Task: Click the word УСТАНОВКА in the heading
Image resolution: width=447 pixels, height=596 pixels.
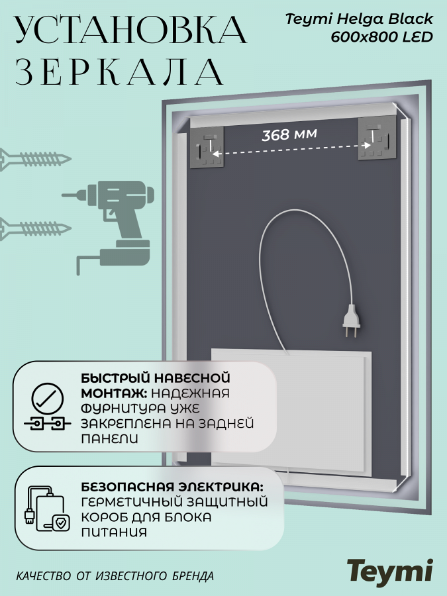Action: click(x=131, y=30)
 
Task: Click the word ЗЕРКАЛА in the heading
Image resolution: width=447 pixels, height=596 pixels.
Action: click(x=119, y=72)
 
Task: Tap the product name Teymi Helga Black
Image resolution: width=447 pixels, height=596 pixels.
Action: click(x=359, y=19)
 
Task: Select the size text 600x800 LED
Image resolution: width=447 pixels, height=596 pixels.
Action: click(x=382, y=37)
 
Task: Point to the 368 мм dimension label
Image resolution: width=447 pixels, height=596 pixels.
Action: click(x=289, y=134)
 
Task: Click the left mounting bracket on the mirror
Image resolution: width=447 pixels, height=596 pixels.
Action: click(x=207, y=147)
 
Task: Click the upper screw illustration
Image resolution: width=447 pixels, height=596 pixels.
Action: click(x=35, y=159)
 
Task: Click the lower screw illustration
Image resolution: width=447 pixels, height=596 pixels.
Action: click(x=35, y=229)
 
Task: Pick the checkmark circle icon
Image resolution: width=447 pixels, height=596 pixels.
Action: click(x=48, y=399)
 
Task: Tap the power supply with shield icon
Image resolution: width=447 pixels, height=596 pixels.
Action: click(x=48, y=509)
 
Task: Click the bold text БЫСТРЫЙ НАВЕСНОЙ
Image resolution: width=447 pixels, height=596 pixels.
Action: click(x=156, y=378)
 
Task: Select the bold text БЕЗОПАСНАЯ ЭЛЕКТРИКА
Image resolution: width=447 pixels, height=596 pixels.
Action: click(x=172, y=487)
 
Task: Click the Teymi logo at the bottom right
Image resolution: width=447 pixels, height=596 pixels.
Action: click(x=390, y=571)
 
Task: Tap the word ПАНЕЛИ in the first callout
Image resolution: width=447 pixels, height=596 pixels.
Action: click(x=109, y=438)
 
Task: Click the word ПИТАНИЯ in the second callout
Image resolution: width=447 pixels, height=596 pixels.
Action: click(x=114, y=532)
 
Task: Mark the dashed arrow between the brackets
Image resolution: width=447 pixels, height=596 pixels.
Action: click(x=291, y=150)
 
